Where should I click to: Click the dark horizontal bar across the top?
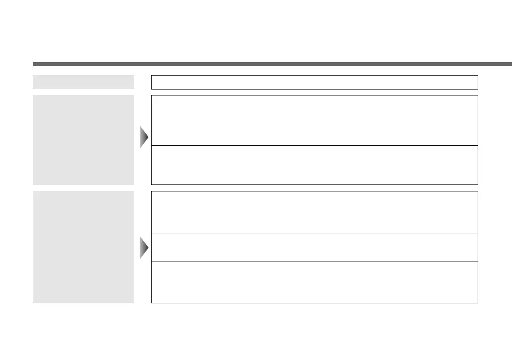(272, 64)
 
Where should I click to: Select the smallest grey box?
(84, 82)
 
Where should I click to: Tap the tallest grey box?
(84, 247)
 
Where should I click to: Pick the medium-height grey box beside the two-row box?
(84, 140)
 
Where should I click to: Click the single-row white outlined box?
(314, 82)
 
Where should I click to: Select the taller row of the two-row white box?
(314, 120)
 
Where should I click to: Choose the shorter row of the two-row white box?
(314, 165)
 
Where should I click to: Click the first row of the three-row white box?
(314, 212)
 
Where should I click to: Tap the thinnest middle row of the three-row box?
(314, 248)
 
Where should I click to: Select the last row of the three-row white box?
(314, 282)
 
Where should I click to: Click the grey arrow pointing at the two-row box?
(144, 137)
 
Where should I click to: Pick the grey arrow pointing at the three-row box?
(144, 248)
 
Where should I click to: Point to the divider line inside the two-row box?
(314, 145)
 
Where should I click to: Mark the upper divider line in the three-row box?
(314, 234)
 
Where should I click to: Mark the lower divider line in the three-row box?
(314, 262)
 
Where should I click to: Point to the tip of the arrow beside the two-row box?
(148, 137)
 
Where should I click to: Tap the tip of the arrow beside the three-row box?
(148, 248)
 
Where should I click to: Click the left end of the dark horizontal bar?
(34, 64)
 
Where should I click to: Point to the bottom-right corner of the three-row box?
(478, 302)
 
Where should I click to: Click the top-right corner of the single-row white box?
(478, 76)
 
